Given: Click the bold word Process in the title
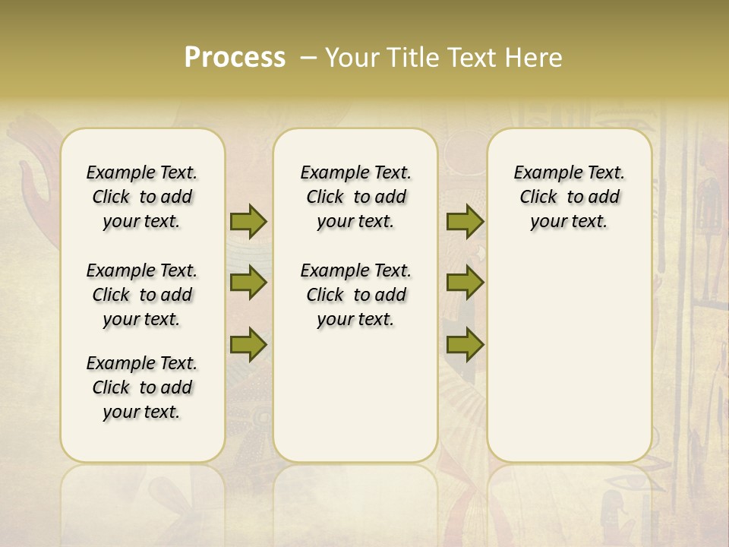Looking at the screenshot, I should [x=235, y=58].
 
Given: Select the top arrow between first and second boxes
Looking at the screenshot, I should [x=248, y=221].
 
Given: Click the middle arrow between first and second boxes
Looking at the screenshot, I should [x=248, y=283].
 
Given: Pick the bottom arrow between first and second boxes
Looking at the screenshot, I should [x=248, y=346].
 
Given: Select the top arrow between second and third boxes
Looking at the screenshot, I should [x=465, y=221].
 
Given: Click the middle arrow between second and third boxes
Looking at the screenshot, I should [x=465, y=283].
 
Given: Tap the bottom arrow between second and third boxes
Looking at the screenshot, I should [x=465, y=346].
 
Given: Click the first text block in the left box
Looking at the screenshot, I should [x=142, y=197].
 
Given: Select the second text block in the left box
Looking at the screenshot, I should [x=142, y=295].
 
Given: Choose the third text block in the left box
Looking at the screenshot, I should [x=142, y=387].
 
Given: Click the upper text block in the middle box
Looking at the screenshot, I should [x=355, y=197].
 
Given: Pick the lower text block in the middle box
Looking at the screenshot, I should [x=355, y=295].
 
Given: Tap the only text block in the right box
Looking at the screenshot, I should [x=569, y=197].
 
